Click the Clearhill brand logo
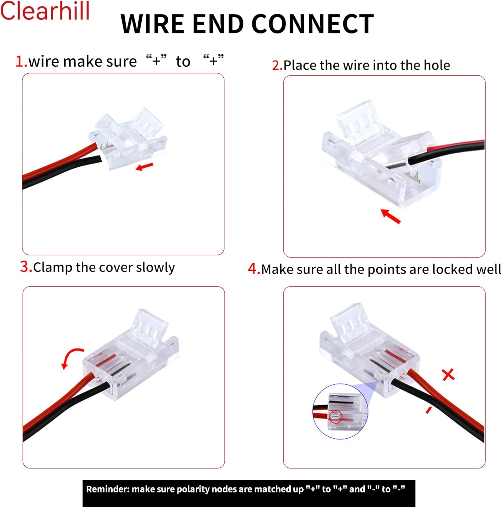click(x=45, y=11)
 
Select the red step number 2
click(x=277, y=65)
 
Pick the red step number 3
click(x=26, y=267)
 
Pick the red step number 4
click(x=254, y=269)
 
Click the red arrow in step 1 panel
click(x=144, y=166)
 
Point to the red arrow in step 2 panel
click(x=390, y=216)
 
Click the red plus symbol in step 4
click(x=448, y=375)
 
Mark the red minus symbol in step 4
click(x=429, y=410)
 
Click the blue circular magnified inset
click(x=340, y=411)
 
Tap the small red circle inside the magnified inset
click(x=335, y=416)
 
